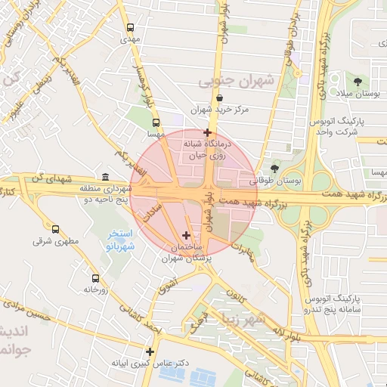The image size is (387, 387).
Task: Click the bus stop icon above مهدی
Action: point(130,26)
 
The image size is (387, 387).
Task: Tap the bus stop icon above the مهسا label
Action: point(156,122)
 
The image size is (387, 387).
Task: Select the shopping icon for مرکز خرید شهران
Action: point(219,98)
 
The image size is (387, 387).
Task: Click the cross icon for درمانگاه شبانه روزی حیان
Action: point(207,132)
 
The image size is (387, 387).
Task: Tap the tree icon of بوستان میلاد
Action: point(357,81)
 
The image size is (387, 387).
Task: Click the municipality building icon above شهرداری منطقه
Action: point(103,175)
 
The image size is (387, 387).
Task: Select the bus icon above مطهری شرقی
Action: point(54,229)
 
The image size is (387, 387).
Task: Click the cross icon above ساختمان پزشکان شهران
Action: point(187,236)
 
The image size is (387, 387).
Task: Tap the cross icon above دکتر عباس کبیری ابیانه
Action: point(150,351)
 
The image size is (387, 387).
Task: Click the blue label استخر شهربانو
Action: point(119,240)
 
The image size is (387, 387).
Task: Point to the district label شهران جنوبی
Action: point(237,80)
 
